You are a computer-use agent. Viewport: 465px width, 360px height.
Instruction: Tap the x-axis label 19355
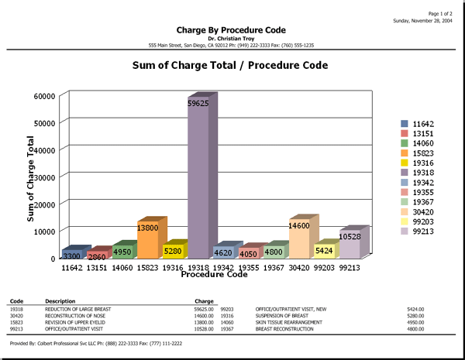(x=250, y=267)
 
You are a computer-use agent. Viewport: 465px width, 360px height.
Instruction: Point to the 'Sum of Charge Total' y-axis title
(x=32, y=179)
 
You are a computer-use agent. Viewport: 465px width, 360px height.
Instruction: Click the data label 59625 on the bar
(x=198, y=102)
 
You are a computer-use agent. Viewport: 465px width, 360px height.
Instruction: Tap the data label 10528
(x=350, y=236)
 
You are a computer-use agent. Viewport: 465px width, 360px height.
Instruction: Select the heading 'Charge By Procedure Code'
(x=231, y=30)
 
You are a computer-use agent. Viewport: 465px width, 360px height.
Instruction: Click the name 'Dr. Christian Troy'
(x=231, y=38)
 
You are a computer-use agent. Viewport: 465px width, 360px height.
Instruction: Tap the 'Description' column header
(x=60, y=301)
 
